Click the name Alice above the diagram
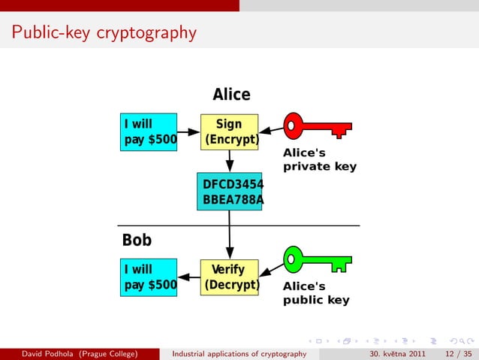tap(231, 95)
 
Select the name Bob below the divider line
tap(137, 240)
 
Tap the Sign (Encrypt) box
tap(229, 132)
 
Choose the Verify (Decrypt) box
tap(229, 277)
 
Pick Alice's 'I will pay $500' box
tap(150, 132)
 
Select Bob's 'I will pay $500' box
tap(150, 277)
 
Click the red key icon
tap(315, 126)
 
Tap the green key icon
tap(315, 259)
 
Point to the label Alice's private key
tap(319, 159)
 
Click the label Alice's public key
tap(316, 293)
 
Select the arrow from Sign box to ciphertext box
tap(230, 162)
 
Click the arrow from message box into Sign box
tap(188, 132)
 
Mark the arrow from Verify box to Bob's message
tap(188, 277)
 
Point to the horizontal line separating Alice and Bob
tap(239, 225)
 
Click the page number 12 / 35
tap(457, 354)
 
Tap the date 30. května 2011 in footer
tap(398, 354)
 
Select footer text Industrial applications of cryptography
tap(239, 354)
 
